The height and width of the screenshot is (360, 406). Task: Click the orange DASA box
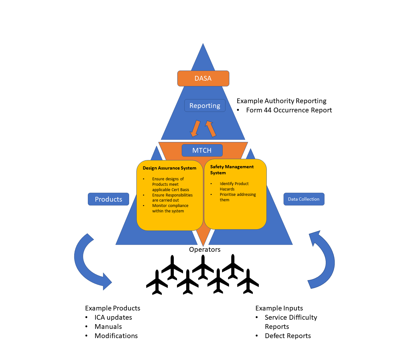(x=203, y=78)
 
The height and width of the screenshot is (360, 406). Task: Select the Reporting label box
(x=205, y=106)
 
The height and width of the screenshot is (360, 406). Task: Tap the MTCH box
(x=202, y=150)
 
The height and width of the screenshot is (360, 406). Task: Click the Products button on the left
(x=108, y=199)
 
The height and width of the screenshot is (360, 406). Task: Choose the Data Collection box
(x=304, y=199)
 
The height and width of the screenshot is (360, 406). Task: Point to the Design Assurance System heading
(x=169, y=168)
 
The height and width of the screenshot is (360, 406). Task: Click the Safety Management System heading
(x=232, y=170)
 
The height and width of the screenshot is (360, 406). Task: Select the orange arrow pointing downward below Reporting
(x=195, y=129)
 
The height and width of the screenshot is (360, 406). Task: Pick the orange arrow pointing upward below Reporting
(x=211, y=129)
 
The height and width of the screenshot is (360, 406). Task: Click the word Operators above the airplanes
(x=205, y=250)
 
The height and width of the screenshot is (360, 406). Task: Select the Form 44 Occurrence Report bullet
(x=289, y=110)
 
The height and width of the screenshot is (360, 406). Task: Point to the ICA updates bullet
(x=113, y=317)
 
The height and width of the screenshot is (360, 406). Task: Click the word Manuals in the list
(x=108, y=327)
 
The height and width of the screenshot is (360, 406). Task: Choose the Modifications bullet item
(x=116, y=336)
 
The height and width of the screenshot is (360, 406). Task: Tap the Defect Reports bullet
(x=288, y=336)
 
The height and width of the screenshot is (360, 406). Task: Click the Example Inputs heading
(x=279, y=308)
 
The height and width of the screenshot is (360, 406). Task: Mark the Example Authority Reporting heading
(x=281, y=101)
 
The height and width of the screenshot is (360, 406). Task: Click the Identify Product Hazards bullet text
(x=234, y=186)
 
